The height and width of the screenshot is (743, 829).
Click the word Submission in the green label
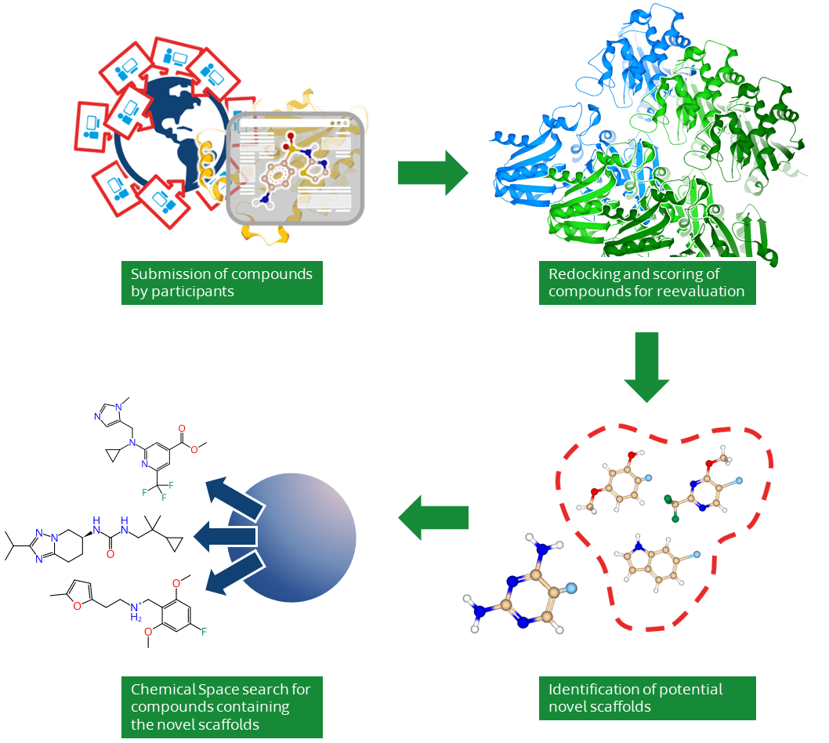pyautogui.click(x=167, y=274)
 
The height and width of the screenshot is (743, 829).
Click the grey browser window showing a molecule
pyautogui.click(x=296, y=169)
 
